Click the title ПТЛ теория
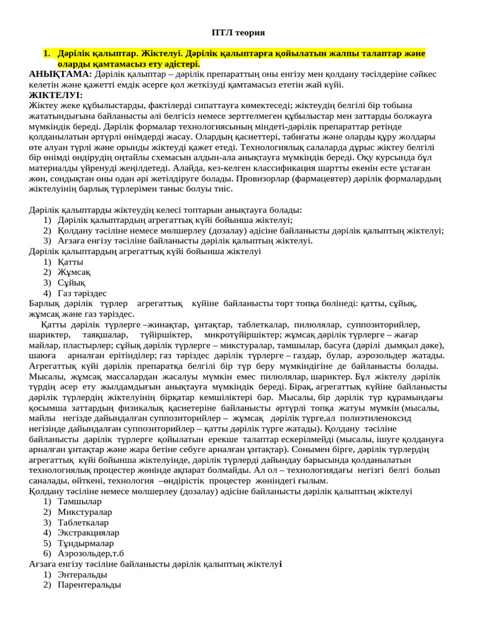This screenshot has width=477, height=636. (x=238, y=32)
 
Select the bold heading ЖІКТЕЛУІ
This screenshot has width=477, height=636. (x=55, y=95)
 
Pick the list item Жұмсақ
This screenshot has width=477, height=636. (x=74, y=272)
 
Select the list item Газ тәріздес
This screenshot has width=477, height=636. (x=82, y=293)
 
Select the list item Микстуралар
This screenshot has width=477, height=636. (x=84, y=512)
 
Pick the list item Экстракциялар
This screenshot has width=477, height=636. (x=88, y=532)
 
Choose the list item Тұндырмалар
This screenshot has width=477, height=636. (x=86, y=543)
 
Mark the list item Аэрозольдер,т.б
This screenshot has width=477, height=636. (x=91, y=553)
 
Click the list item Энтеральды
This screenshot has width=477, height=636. (x=82, y=575)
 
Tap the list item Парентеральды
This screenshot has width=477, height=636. (x=89, y=585)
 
